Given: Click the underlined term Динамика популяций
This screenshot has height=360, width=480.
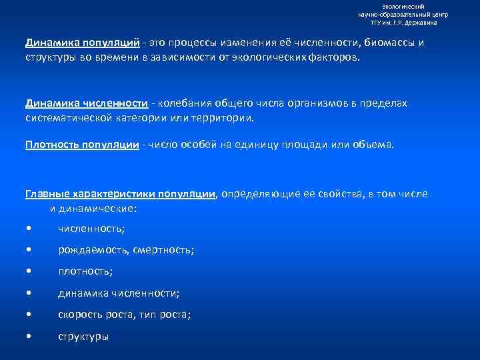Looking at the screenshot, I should pyautogui.click(x=83, y=43).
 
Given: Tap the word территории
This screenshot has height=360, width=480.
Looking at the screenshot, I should pyautogui.click(x=224, y=117).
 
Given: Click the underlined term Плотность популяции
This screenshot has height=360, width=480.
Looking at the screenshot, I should pyautogui.click(x=82, y=144).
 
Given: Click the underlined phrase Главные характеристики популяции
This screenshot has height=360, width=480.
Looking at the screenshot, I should pyautogui.click(x=120, y=194).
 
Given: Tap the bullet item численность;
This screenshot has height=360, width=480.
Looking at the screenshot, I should pyautogui.click(x=91, y=229).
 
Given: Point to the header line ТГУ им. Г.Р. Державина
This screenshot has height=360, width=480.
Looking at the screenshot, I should pyautogui.click(x=404, y=22).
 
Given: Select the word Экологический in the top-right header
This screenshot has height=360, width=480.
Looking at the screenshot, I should pyautogui.click(x=403, y=6).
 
